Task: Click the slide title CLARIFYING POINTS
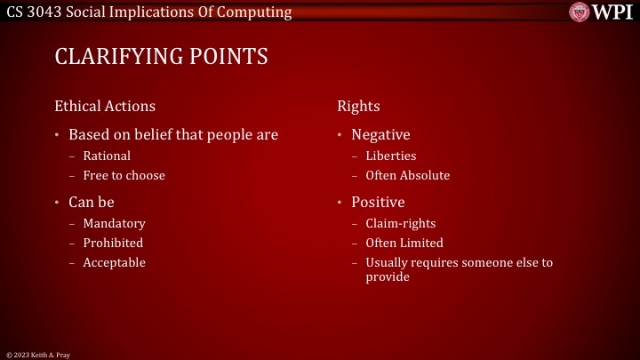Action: point(161,57)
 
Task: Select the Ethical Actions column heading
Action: point(105,106)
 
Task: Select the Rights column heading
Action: point(358,106)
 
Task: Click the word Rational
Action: point(107,156)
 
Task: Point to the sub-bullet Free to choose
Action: point(124,175)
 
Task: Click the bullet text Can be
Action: point(92,202)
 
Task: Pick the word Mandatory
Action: point(114,223)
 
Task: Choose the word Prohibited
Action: point(113,243)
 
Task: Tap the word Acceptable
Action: point(114,262)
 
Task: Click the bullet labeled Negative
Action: point(380,135)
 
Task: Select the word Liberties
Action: point(390,156)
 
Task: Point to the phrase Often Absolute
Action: point(407,175)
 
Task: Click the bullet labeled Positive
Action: point(378,202)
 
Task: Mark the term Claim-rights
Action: point(400,223)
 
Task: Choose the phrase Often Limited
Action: point(404,243)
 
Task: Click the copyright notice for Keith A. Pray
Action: point(37,355)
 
